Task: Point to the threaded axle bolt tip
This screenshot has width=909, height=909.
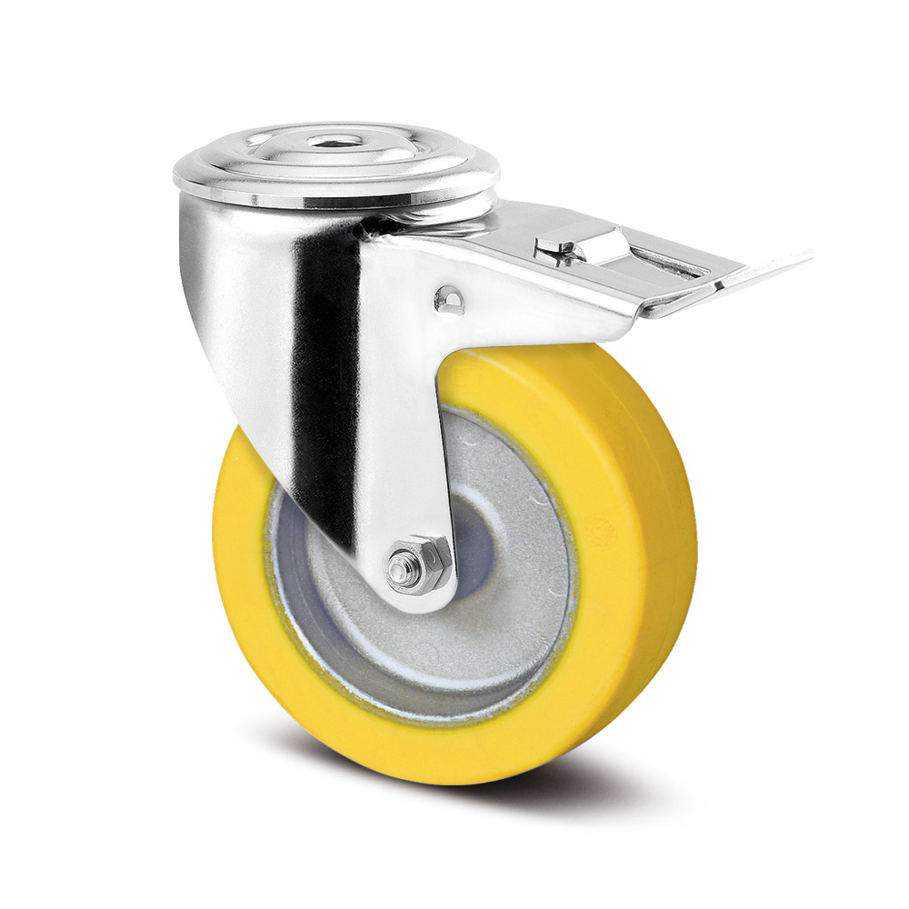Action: coord(398,571)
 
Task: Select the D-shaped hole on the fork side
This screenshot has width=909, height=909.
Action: coord(448,299)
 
